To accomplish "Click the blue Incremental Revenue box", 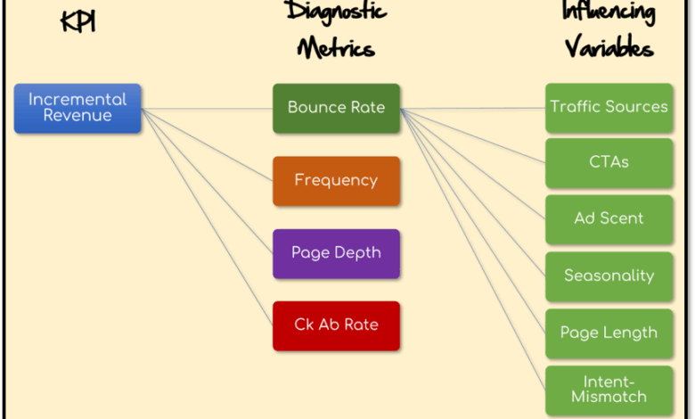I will point(78,108).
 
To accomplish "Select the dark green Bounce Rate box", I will point(336,108).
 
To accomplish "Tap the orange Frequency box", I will point(336,180).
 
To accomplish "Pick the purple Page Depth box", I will point(336,253).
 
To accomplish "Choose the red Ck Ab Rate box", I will point(336,325).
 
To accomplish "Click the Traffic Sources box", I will point(609,107).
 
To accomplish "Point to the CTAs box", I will point(609,162).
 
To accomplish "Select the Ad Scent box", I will point(609,218).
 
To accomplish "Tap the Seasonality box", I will point(609,275).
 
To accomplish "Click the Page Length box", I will point(609,333).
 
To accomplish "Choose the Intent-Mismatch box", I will point(609,390).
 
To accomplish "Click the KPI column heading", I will point(78,21).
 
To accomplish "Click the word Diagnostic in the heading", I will point(337,12).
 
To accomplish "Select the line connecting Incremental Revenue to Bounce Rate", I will point(207,109).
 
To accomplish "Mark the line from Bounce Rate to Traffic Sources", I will point(472,108).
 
